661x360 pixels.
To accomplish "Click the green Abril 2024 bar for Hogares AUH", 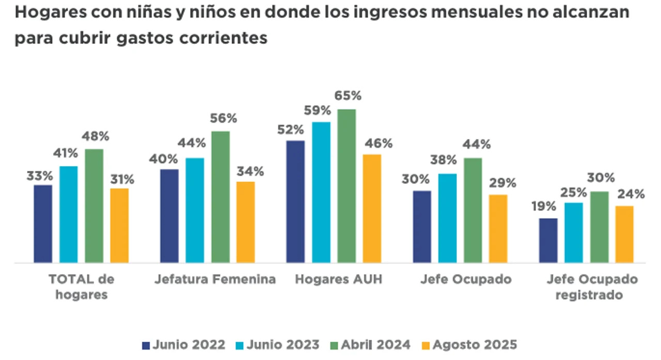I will [x=347, y=186].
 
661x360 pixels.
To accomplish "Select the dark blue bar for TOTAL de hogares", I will [x=43, y=224].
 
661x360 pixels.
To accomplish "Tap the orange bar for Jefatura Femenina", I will [x=245, y=222].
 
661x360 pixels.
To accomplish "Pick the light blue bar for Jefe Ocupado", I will [x=447, y=218].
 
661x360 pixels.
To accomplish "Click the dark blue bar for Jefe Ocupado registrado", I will [x=548, y=240].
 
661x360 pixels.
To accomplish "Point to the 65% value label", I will [x=348, y=96].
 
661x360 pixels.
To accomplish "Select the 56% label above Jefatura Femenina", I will [x=223, y=118].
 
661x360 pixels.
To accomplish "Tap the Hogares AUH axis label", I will [x=338, y=279].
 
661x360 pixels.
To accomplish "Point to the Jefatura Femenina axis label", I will [x=215, y=279].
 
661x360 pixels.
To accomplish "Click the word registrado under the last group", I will [x=592, y=295].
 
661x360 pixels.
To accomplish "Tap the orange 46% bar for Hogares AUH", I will [x=372, y=208].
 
